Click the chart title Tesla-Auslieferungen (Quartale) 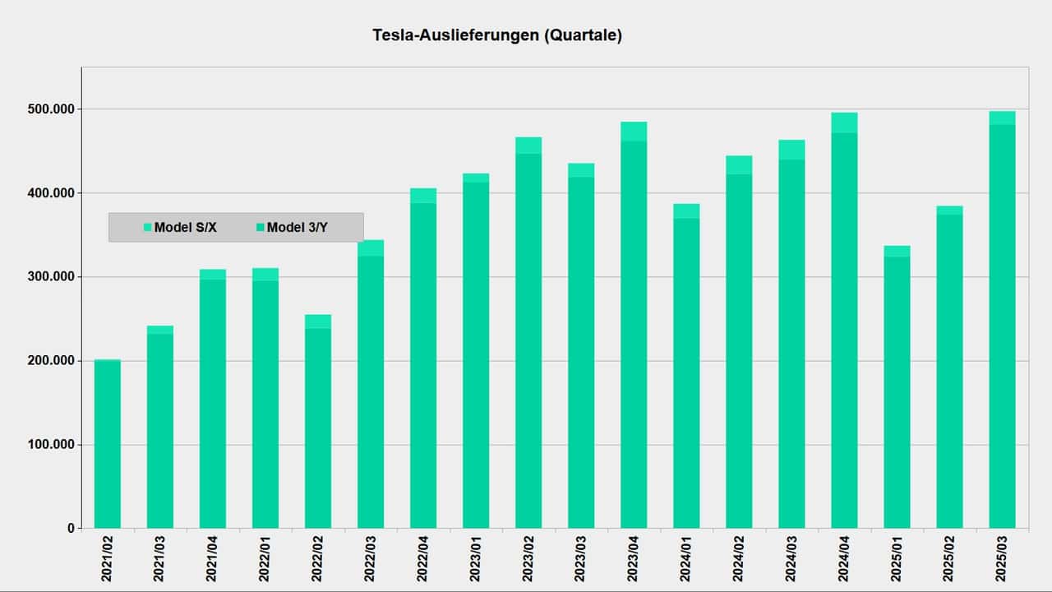pos(497,35)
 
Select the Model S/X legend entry pos(180,228)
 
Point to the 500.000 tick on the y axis pos(51,109)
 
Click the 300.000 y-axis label pos(51,277)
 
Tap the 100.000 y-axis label pos(51,445)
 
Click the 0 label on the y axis pos(69,529)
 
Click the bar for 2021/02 pos(108,444)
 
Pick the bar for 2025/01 pos(897,395)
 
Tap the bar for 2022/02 pos(318,428)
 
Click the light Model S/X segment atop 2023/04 pos(634,132)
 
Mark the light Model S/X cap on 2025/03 pos(1002,118)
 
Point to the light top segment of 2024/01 pos(686,211)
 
